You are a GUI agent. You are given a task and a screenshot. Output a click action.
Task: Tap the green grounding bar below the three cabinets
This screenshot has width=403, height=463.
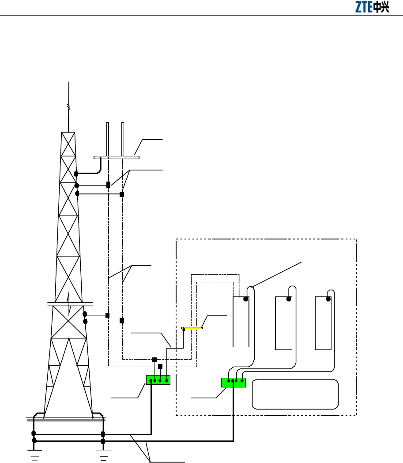pyautogui.click(x=233, y=383)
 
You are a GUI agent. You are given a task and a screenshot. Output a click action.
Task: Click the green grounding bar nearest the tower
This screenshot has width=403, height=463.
pyautogui.click(x=158, y=380)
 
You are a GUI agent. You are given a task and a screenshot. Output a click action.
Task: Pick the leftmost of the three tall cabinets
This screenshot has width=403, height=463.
pyautogui.click(x=241, y=322)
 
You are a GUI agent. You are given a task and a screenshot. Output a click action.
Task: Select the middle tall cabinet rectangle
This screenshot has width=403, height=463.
pyautogui.click(x=283, y=323)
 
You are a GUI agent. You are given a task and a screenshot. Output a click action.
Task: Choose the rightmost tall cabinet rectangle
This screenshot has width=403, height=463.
pyautogui.click(x=324, y=323)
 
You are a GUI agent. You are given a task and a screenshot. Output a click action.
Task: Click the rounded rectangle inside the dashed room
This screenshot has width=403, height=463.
pyautogui.click(x=295, y=394)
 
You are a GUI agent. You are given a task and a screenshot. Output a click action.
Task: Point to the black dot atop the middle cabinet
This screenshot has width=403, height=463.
pyautogui.click(x=289, y=299)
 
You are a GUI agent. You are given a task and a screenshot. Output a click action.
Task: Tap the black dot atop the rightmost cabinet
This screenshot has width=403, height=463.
pyautogui.click(x=328, y=299)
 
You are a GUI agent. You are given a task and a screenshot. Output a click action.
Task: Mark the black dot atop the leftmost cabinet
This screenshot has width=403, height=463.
pyautogui.click(x=246, y=299)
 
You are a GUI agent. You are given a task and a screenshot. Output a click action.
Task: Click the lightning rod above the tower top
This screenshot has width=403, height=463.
pyautogui.click(x=68, y=106)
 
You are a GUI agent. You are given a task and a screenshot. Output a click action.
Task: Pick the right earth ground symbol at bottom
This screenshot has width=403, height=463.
pyautogui.click(x=104, y=455)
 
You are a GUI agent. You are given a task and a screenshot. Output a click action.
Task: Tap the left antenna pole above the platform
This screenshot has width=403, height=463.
pyautogui.click(x=108, y=139)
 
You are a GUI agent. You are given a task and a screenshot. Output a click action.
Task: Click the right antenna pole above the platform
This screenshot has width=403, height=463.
pyautogui.click(x=123, y=139)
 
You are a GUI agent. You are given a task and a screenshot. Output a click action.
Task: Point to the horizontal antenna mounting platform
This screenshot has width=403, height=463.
pyautogui.click(x=117, y=157)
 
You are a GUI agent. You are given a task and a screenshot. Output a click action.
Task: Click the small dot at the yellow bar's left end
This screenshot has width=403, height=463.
pyautogui.click(x=184, y=330)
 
